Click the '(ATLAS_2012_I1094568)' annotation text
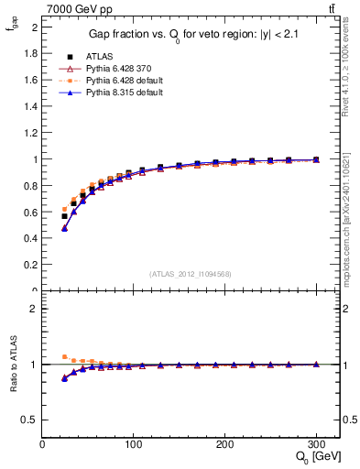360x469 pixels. point(190,274)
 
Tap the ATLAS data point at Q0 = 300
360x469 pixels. point(316,159)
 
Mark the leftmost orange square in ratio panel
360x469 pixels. point(64,356)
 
